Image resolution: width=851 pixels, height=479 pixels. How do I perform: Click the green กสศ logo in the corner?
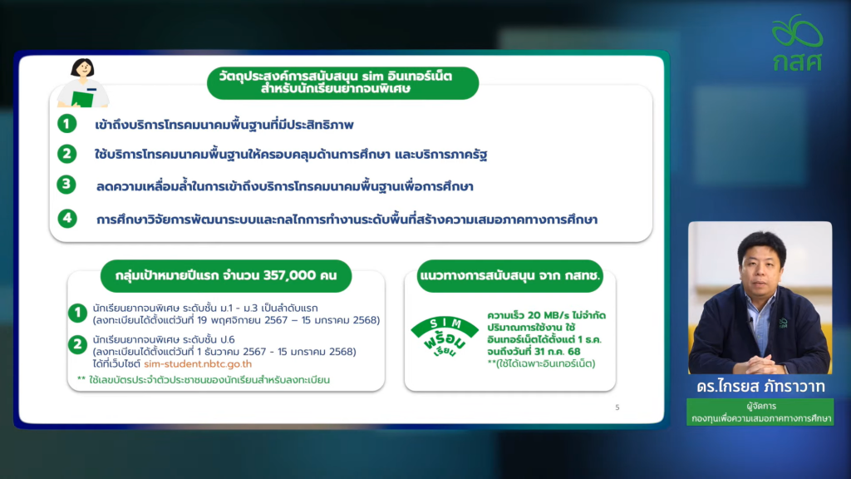tap(797, 43)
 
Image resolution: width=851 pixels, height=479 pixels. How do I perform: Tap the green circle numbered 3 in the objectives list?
tap(66, 185)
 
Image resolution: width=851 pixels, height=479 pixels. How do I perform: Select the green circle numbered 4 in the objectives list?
tap(66, 219)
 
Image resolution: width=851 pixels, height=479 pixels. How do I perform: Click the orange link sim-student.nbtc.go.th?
tap(198, 364)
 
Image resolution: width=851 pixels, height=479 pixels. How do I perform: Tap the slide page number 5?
tap(617, 407)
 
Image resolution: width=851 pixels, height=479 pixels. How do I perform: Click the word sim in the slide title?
tap(373, 76)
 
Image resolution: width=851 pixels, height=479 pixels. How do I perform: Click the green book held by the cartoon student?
tap(82, 99)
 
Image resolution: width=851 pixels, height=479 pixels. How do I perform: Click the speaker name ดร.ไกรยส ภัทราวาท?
tap(761, 386)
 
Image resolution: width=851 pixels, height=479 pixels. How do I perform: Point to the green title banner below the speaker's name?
tap(760, 412)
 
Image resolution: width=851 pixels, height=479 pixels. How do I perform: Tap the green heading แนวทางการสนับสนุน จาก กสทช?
tap(509, 276)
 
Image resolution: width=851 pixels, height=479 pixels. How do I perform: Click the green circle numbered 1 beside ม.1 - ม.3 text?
tap(77, 313)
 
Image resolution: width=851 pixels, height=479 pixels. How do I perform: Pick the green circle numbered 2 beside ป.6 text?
tap(77, 344)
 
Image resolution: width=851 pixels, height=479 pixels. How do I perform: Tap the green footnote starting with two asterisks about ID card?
tap(204, 379)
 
